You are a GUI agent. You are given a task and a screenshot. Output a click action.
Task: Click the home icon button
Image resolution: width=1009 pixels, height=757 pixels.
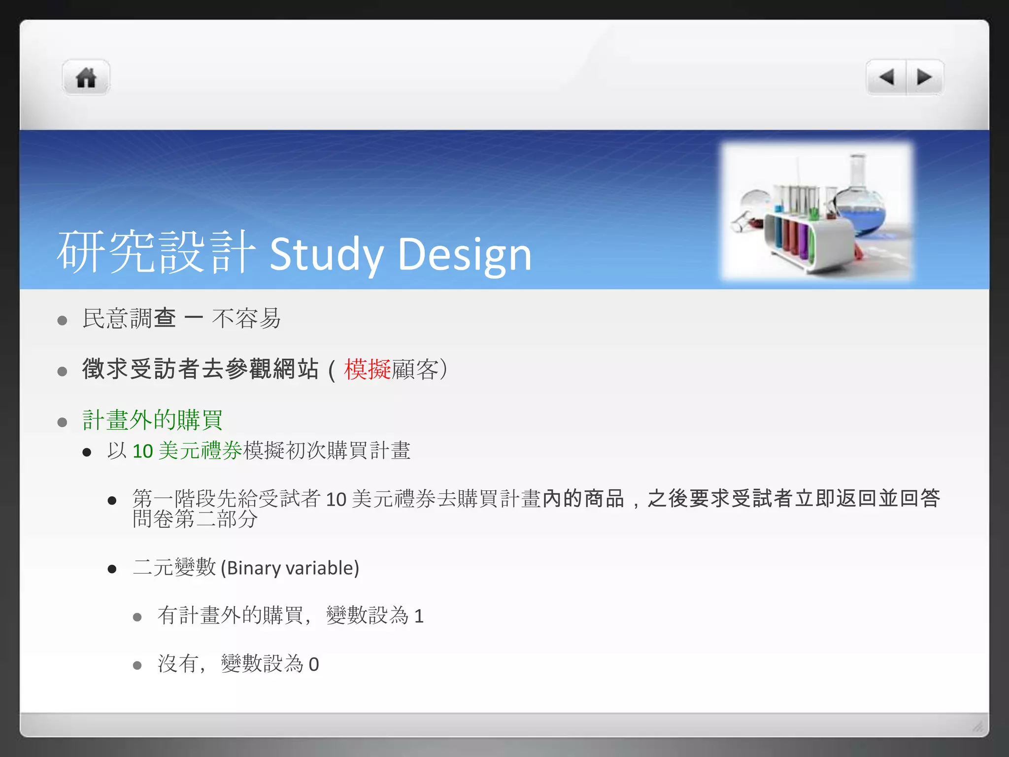coord(86,78)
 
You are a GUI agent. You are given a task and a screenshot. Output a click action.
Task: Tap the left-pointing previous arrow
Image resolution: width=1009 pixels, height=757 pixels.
coord(886,77)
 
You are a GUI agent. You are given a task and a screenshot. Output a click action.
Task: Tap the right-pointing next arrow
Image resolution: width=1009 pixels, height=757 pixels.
coord(924,77)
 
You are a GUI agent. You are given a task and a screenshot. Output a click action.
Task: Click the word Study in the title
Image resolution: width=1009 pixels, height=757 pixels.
coord(326,254)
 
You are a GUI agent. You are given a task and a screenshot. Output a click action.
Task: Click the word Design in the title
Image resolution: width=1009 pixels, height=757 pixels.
coord(464,254)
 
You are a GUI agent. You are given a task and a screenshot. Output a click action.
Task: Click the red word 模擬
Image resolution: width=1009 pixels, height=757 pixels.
coord(367,369)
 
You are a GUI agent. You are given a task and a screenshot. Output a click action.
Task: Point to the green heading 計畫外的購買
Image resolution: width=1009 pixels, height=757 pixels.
coord(152,420)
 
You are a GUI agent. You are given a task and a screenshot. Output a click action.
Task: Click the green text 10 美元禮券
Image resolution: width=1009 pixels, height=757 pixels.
coord(187,451)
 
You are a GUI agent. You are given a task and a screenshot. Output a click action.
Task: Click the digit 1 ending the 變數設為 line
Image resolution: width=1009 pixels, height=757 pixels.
coord(419,616)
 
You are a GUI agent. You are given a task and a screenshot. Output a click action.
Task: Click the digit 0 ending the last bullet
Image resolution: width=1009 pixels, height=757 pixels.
coord(314,665)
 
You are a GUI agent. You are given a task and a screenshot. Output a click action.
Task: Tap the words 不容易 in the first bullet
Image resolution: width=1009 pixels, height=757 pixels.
coord(246,318)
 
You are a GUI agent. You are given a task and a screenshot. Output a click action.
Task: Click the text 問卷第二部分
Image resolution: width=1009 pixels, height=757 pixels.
coord(195,519)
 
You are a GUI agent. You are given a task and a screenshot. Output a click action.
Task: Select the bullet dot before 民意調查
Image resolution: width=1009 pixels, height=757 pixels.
coord(62,321)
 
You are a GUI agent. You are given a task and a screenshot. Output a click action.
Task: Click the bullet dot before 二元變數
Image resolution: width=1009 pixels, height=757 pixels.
coord(112,569)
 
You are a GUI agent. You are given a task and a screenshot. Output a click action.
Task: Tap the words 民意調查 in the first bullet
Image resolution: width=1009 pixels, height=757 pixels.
coord(129,318)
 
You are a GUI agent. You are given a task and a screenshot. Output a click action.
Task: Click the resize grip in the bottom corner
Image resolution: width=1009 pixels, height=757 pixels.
coord(977,726)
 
